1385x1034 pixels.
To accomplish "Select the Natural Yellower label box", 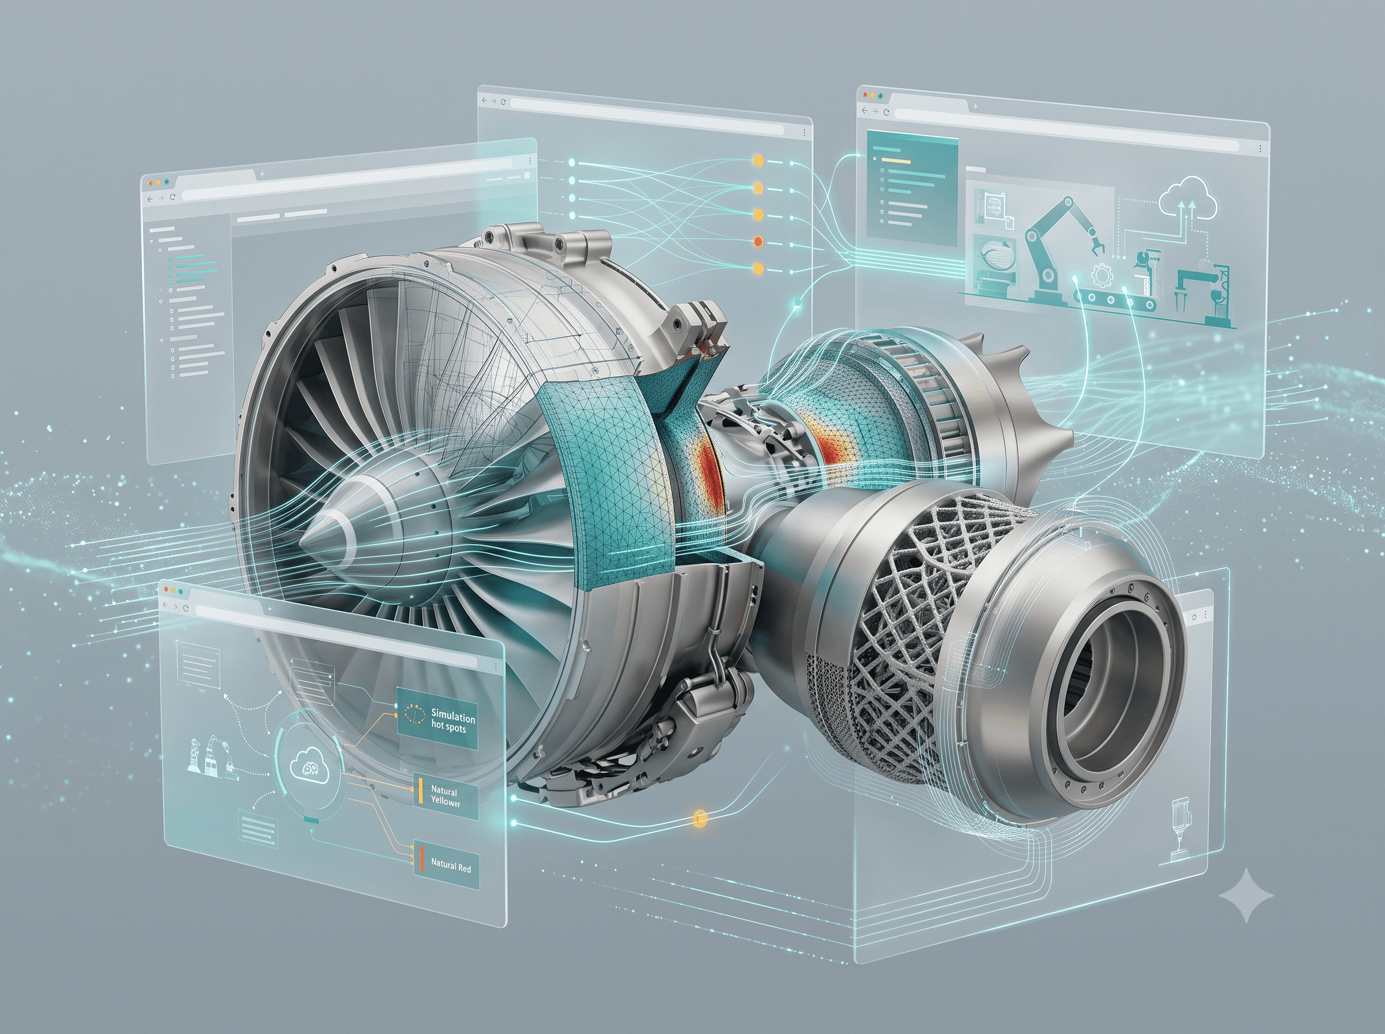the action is point(446,796).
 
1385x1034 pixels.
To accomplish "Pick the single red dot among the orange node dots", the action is point(758,241).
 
